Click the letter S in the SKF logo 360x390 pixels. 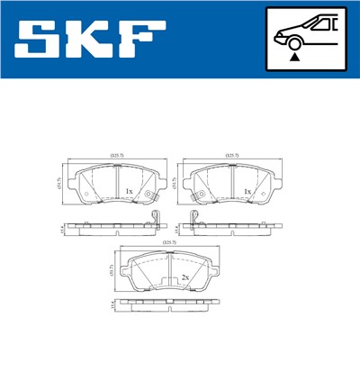click(x=42, y=39)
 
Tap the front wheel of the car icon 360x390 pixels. click(x=294, y=41)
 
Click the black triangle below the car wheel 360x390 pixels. click(x=294, y=56)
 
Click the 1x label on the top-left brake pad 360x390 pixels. click(x=129, y=192)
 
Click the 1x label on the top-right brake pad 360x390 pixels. click(x=247, y=192)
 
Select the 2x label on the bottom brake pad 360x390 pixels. click(x=184, y=277)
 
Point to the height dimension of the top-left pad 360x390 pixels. click(x=59, y=184)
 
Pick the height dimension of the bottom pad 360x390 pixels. click(x=114, y=269)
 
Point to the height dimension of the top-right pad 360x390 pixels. click(x=177, y=184)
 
